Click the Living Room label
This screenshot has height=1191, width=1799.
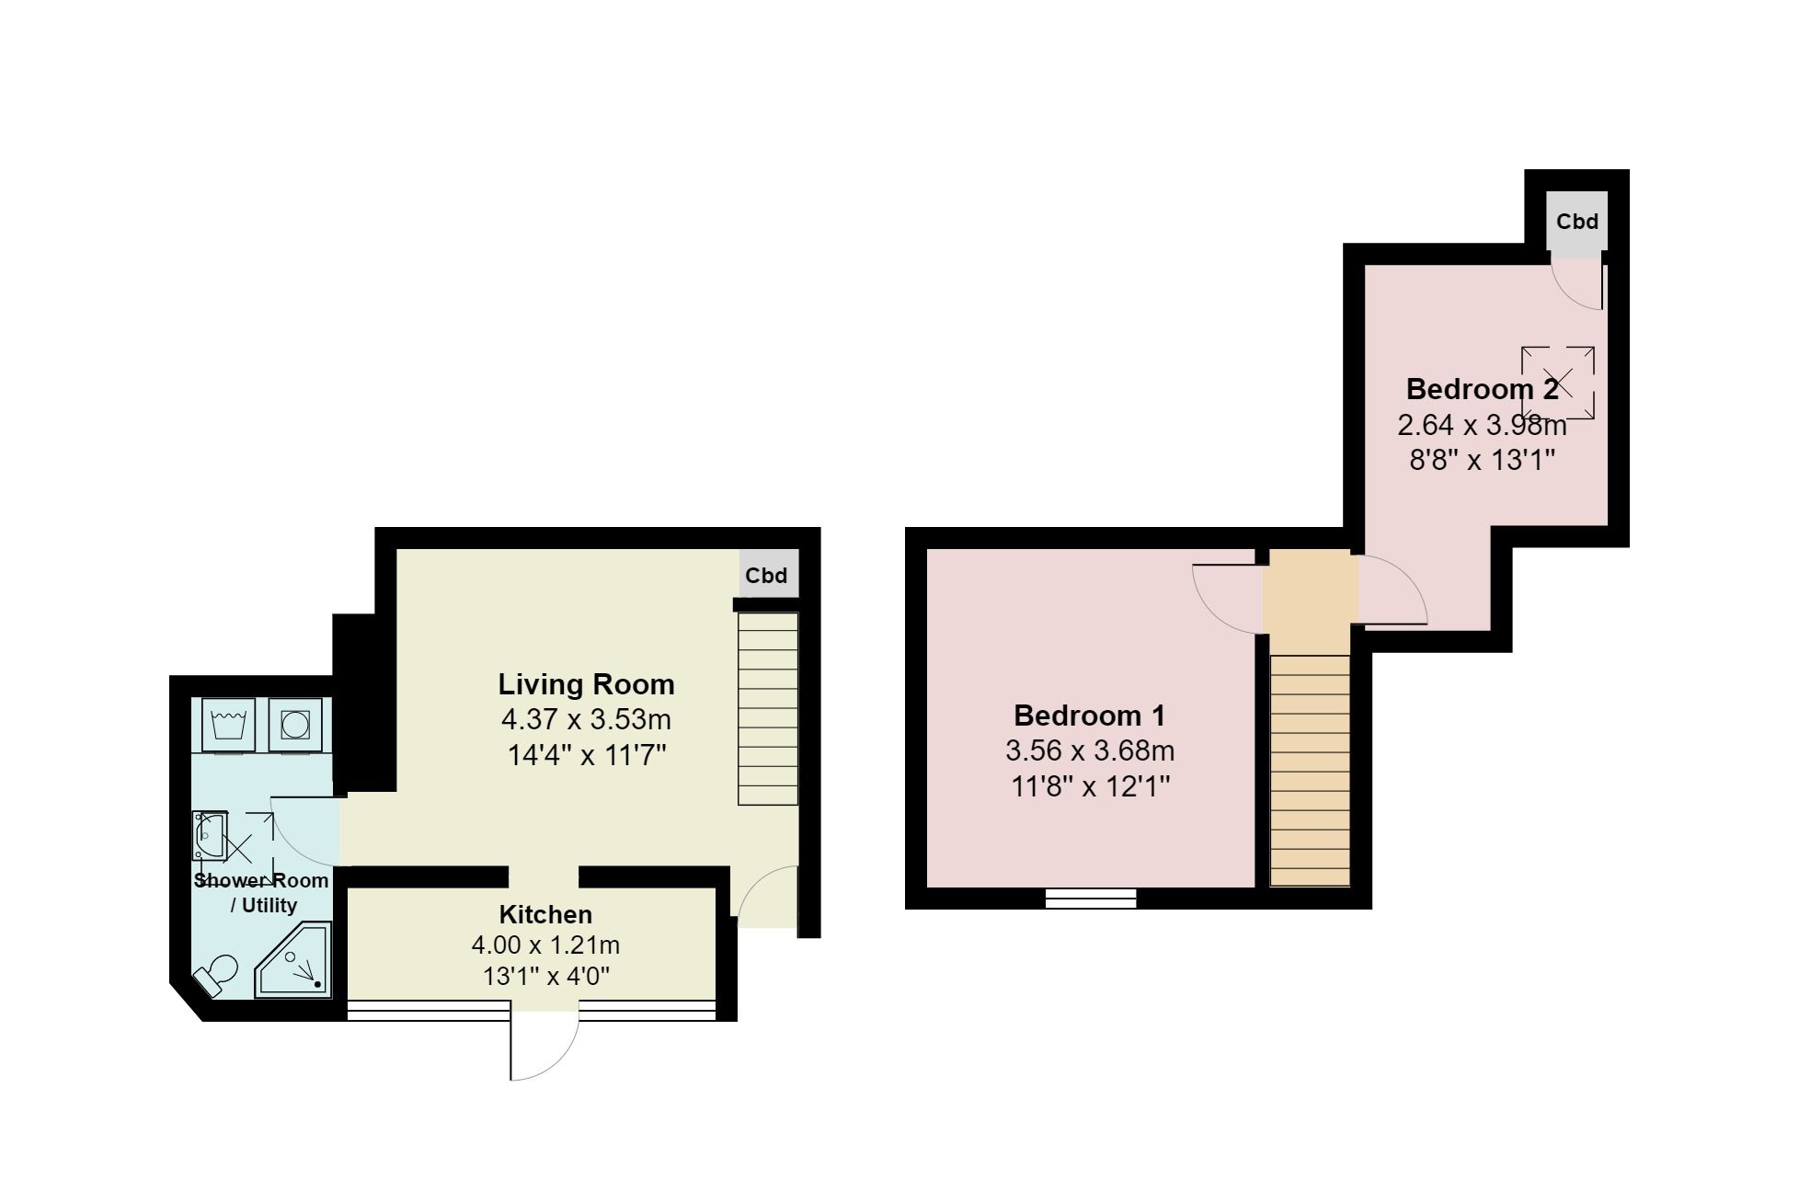click(x=586, y=684)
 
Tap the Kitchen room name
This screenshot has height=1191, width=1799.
click(x=545, y=914)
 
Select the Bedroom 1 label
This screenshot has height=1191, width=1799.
click(x=1089, y=715)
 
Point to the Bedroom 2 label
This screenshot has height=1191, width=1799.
click(x=1482, y=389)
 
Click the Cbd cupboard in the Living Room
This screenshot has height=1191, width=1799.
click(x=767, y=576)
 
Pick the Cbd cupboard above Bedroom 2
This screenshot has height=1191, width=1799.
click(x=1576, y=223)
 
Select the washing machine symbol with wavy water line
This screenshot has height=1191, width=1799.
click(x=226, y=724)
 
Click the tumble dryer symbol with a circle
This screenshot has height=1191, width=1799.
click(x=295, y=725)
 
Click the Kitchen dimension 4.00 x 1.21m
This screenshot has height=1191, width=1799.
click(x=545, y=945)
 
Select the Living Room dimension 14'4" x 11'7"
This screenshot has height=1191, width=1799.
click(x=586, y=755)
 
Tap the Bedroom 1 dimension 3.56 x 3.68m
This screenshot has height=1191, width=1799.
click(x=1089, y=751)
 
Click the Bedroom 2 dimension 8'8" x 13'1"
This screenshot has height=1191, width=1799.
click(x=1482, y=459)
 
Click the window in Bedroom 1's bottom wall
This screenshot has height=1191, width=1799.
click(x=1091, y=898)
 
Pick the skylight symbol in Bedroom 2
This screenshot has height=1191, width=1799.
click(x=1557, y=383)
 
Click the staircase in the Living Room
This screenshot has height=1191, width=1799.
click(x=768, y=708)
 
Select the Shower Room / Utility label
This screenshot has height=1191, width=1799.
click(x=261, y=892)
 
